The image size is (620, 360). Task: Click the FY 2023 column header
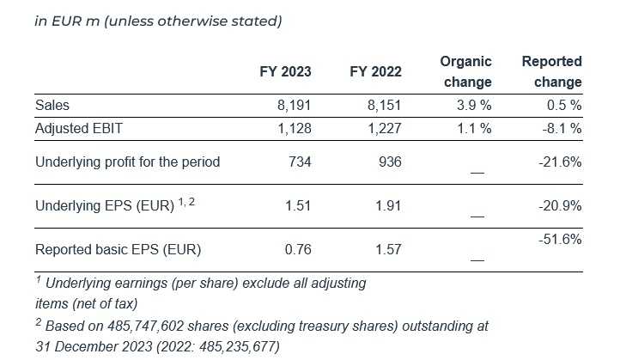coord(285,72)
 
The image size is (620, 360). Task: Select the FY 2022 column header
coord(375,72)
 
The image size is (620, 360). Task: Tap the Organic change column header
coord(465,72)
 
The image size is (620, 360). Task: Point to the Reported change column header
coord(551,72)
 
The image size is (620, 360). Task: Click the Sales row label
coord(52,106)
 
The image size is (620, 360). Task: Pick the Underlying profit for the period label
coord(128,162)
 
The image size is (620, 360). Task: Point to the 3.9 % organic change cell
coord(473,106)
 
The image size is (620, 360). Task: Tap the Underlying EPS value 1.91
coord(388,206)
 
